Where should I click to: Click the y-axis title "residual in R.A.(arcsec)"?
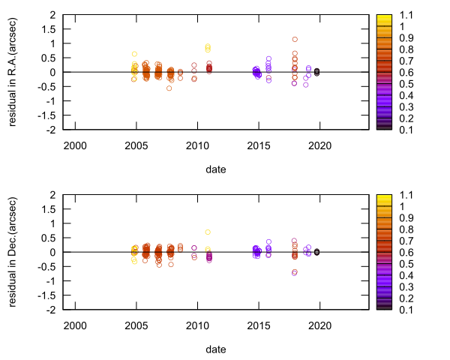(14, 72)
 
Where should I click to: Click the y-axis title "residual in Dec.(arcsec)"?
(14, 252)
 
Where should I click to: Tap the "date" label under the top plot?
(216, 169)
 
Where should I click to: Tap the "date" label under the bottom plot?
(216, 349)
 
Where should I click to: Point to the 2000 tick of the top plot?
(75, 144)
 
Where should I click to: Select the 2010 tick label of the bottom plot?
(197, 324)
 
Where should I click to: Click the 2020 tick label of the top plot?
(320, 144)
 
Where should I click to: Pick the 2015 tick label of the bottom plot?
(259, 324)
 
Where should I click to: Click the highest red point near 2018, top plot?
(295, 39)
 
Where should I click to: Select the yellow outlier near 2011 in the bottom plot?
(208, 232)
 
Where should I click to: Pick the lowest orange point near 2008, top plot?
(169, 88)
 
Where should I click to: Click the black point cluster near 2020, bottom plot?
(316, 252)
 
